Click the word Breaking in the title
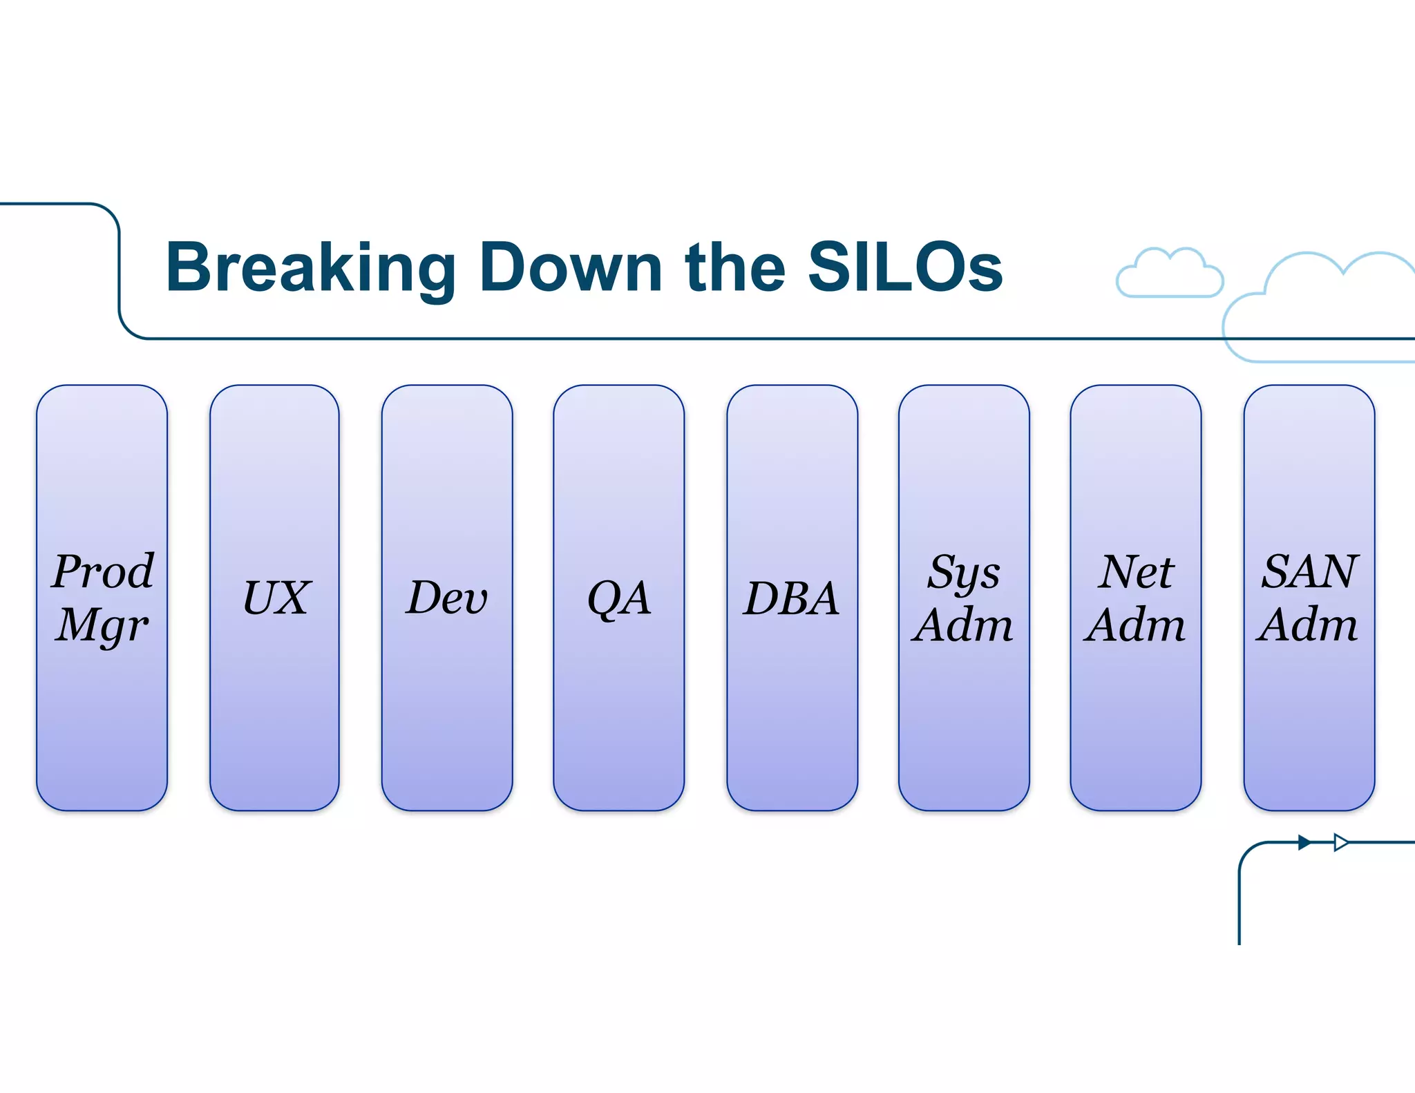click(311, 268)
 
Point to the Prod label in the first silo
click(103, 571)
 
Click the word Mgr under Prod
click(102, 626)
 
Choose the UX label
click(276, 598)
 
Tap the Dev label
click(447, 598)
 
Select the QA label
click(619, 598)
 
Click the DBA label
click(792, 598)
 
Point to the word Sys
click(963, 573)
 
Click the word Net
click(1136, 572)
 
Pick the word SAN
click(1310, 571)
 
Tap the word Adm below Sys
click(962, 625)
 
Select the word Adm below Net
click(1135, 625)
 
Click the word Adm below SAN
click(1308, 625)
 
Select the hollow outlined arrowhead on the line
click(1341, 842)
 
